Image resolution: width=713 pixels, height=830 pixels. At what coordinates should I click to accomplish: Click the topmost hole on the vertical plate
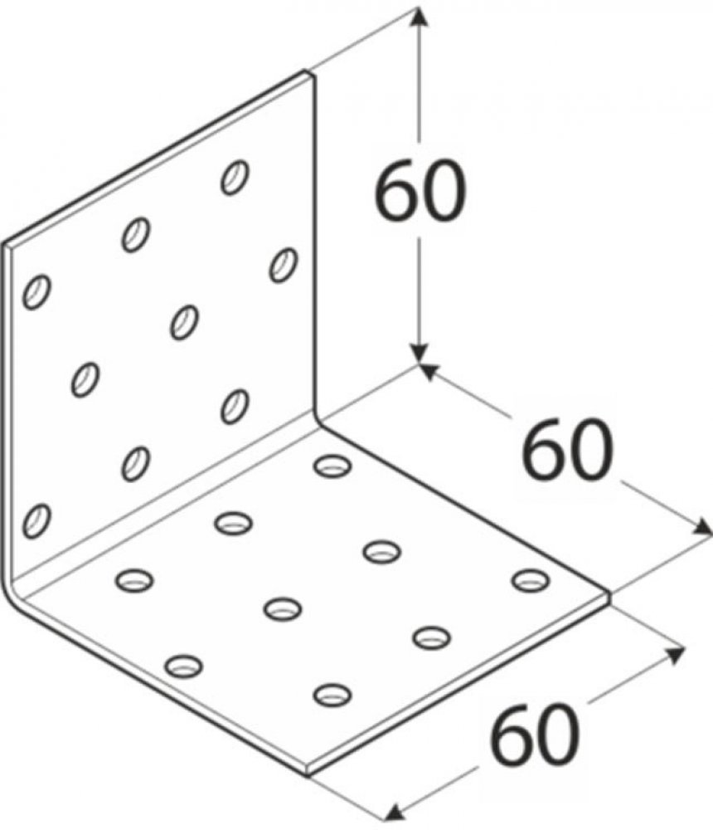235,177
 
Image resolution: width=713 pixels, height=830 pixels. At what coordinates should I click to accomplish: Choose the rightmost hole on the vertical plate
284,265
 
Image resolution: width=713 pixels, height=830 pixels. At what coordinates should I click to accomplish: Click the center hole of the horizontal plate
283,608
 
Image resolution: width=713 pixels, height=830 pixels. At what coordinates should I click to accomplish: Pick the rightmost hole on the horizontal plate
531,579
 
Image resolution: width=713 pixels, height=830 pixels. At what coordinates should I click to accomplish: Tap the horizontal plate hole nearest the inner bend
332,466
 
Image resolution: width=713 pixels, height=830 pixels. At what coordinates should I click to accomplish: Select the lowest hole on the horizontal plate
332,694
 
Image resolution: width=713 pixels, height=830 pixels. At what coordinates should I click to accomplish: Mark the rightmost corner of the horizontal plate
609,594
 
